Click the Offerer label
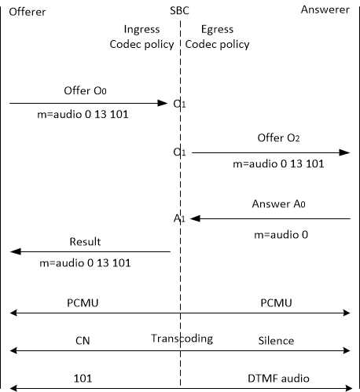point(28,12)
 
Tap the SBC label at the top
point(179,11)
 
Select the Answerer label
point(325,9)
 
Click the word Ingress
point(141,29)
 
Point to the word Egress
point(217,29)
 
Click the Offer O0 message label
point(85,90)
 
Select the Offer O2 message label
point(278,137)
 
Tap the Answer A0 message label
point(278,203)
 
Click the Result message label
point(85,241)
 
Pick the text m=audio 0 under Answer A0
point(281,235)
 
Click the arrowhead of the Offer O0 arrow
point(163,103)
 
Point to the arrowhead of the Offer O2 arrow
point(344,152)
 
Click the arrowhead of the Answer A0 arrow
point(196,218)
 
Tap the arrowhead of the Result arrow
point(15,251)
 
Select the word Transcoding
point(182,339)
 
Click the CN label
point(83,341)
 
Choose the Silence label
point(276,341)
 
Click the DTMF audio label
point(278,379)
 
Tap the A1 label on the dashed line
point(179,218)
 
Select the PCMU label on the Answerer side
point(276,303)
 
